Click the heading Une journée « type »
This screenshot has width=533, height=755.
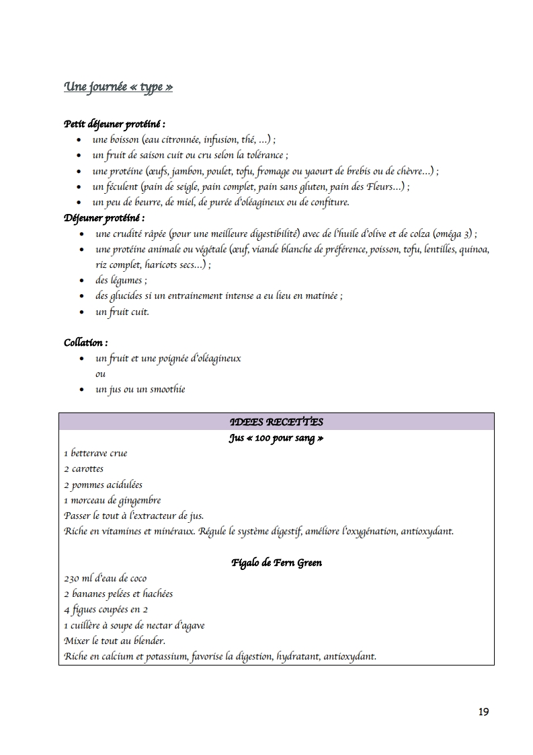(118, 87)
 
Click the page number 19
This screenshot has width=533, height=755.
(484, 712)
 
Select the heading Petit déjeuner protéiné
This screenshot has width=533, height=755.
(114, 124)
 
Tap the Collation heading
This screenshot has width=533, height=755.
(86, 343)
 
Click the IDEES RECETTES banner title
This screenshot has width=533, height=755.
(276, 422)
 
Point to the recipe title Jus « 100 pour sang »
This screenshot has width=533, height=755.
(276, 438)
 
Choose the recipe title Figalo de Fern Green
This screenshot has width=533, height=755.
(276, 563)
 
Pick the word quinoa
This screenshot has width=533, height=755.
(474, 250)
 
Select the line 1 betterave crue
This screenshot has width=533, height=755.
(95, 454)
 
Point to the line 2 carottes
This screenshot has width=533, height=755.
(84, 469)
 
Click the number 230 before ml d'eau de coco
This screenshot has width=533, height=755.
(71, 579)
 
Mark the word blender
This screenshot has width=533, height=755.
(149, 641)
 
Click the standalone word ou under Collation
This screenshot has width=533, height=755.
(100, 374)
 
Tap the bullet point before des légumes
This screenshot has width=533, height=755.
(82, 281)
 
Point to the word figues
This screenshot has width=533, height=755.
(84, 610)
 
